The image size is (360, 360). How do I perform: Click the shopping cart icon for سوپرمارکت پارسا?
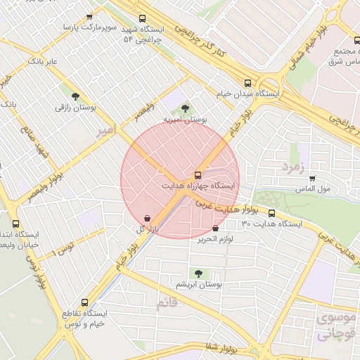pos(89,16)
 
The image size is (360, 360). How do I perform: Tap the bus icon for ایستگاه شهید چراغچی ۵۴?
pos(143,19)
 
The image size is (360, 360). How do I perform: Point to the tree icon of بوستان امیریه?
pos(185,108)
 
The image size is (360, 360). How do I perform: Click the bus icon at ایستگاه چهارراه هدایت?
pos(199,175)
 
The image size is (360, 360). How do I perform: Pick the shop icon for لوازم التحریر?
pos(214,228)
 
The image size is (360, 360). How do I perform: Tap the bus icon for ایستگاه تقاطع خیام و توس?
pos(85,301)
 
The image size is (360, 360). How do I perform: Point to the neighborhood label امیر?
pos(105,131)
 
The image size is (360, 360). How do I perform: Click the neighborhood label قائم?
pos(166,304)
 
